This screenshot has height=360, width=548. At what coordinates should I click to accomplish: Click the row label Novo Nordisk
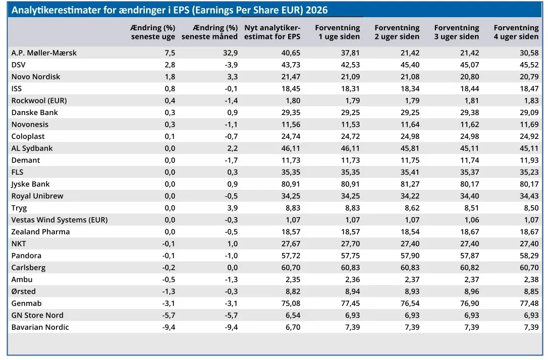(36, 77)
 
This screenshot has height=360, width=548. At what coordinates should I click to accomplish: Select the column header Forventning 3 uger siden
(457, 32)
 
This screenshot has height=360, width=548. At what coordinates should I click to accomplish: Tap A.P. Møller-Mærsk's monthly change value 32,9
(231, 53)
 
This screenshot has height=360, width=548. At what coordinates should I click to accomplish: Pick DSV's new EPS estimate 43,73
(291, 65)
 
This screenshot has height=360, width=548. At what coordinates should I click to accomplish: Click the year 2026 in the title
(316, 10)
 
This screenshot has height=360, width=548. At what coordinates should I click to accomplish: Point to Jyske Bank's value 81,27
(410, 184)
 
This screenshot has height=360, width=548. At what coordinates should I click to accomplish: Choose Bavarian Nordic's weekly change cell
(169, 327)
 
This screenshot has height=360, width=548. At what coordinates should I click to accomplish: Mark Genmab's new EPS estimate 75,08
(291, 303)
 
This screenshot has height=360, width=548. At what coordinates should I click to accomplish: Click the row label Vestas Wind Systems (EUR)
(60, 220)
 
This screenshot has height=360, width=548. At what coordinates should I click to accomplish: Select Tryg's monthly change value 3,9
(233, 208)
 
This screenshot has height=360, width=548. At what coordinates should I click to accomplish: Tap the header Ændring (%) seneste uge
(153, 32)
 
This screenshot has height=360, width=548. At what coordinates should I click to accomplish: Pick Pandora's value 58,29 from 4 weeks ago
(529, 256)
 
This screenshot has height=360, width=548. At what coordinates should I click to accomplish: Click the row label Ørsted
(23, 291)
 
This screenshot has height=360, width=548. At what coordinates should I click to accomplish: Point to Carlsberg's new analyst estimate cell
(291, 268)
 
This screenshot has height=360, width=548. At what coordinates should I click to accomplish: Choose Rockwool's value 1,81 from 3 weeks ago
(472, 100)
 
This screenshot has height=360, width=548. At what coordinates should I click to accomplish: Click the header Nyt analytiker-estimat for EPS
(272, 32)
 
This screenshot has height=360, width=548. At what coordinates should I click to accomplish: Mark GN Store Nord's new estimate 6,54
(293, 315)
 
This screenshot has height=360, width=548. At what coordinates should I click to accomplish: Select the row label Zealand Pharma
(40, 232)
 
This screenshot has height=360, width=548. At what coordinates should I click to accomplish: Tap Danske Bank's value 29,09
(529, 112)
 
